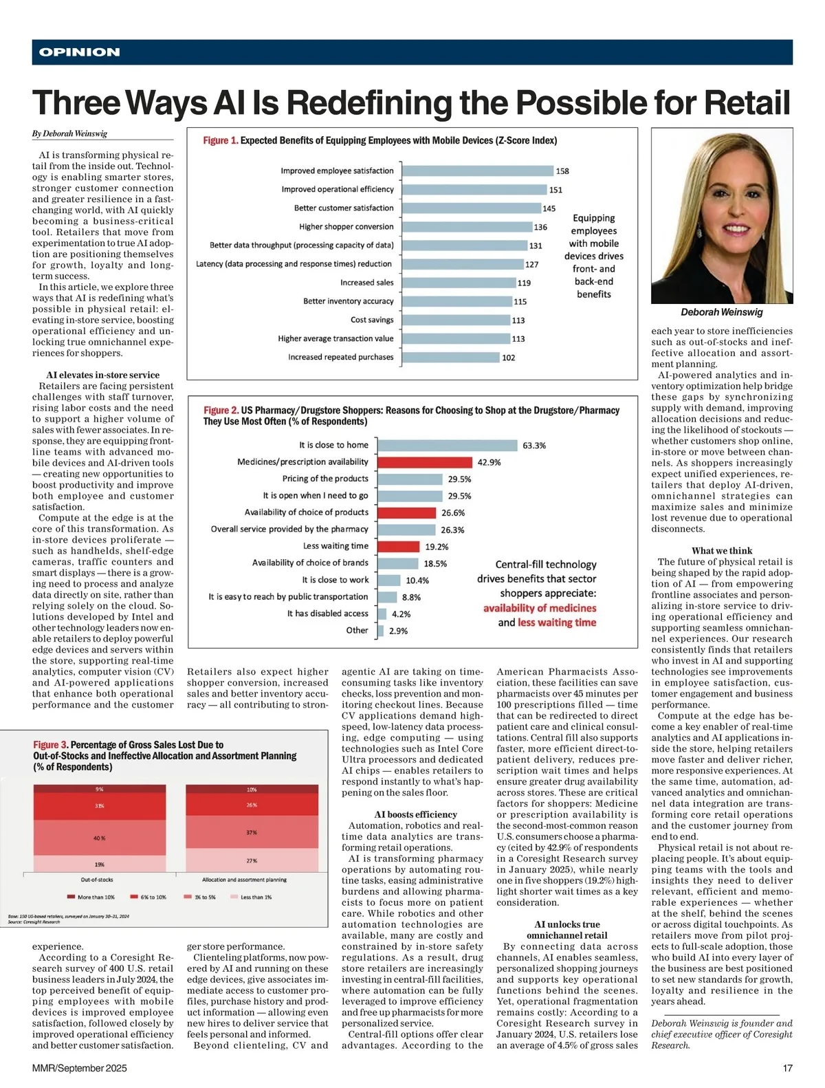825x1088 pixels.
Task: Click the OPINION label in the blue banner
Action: click(x=80, y=52)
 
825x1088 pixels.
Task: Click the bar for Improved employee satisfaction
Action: click(x=477, y=171)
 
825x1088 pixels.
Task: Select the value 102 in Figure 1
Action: click(x=508, y=358)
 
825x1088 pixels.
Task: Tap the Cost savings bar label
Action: click(x=372, y=320)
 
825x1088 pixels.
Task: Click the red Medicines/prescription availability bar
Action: click(x=425, y=462)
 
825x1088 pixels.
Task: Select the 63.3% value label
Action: click(x=534, y=446)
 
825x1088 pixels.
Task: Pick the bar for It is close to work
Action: click(x=389, y=580)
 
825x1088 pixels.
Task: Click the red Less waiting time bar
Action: click(x=399, y=547)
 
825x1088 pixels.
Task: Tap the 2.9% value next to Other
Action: click(x=398, y=631)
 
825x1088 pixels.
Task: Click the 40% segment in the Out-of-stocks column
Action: click(x=100, y=838)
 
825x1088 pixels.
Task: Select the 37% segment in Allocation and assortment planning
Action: click(x=252, y=833)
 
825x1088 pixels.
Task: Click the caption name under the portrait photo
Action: click(x=721, y=312)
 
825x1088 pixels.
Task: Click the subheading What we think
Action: click(x=722, y=551)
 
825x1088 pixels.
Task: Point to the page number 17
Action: click(x=787, y=1068)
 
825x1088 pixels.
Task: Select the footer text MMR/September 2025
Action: click(x=79, y=1068)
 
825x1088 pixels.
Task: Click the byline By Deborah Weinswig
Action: click(x=69, y=133)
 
